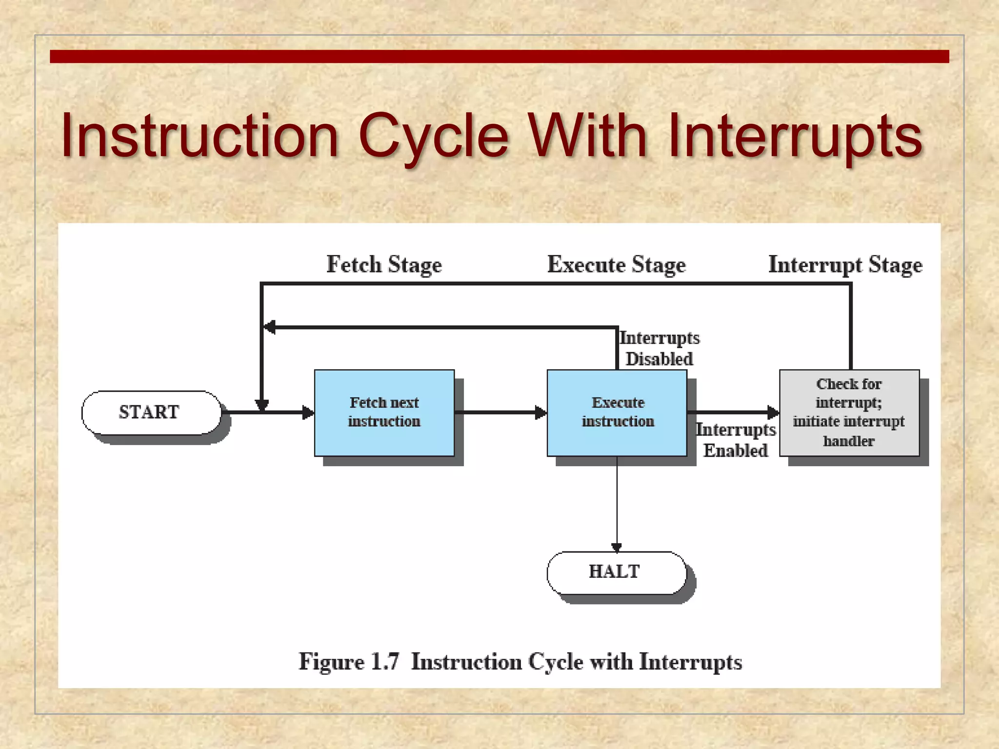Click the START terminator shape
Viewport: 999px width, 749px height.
coord(151,413)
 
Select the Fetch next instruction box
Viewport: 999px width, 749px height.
coord(384,413)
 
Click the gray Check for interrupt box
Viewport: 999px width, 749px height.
coord(849,413)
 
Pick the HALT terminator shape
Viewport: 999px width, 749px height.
coord(616,572)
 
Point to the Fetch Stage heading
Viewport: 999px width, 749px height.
coord(384,265)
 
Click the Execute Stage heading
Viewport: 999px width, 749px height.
coord(616,265)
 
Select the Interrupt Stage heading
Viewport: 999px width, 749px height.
coord(845,265)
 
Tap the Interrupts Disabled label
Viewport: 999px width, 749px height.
coord(659,348)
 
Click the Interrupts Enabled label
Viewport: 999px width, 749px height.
coord(735,440)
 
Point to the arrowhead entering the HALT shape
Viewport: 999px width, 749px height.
coord(617,547)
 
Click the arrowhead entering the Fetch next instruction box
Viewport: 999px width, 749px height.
coord(308,413)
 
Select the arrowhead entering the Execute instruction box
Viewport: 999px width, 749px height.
coord(540,413)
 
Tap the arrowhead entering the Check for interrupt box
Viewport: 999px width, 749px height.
coord(773,413)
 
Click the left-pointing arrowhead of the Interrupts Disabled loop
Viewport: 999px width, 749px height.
coord(269,327)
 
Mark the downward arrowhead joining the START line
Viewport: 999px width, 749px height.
coord(262,405)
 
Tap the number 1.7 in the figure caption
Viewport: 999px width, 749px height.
coord(384,662)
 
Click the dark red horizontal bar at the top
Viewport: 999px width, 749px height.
coord(499,57)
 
